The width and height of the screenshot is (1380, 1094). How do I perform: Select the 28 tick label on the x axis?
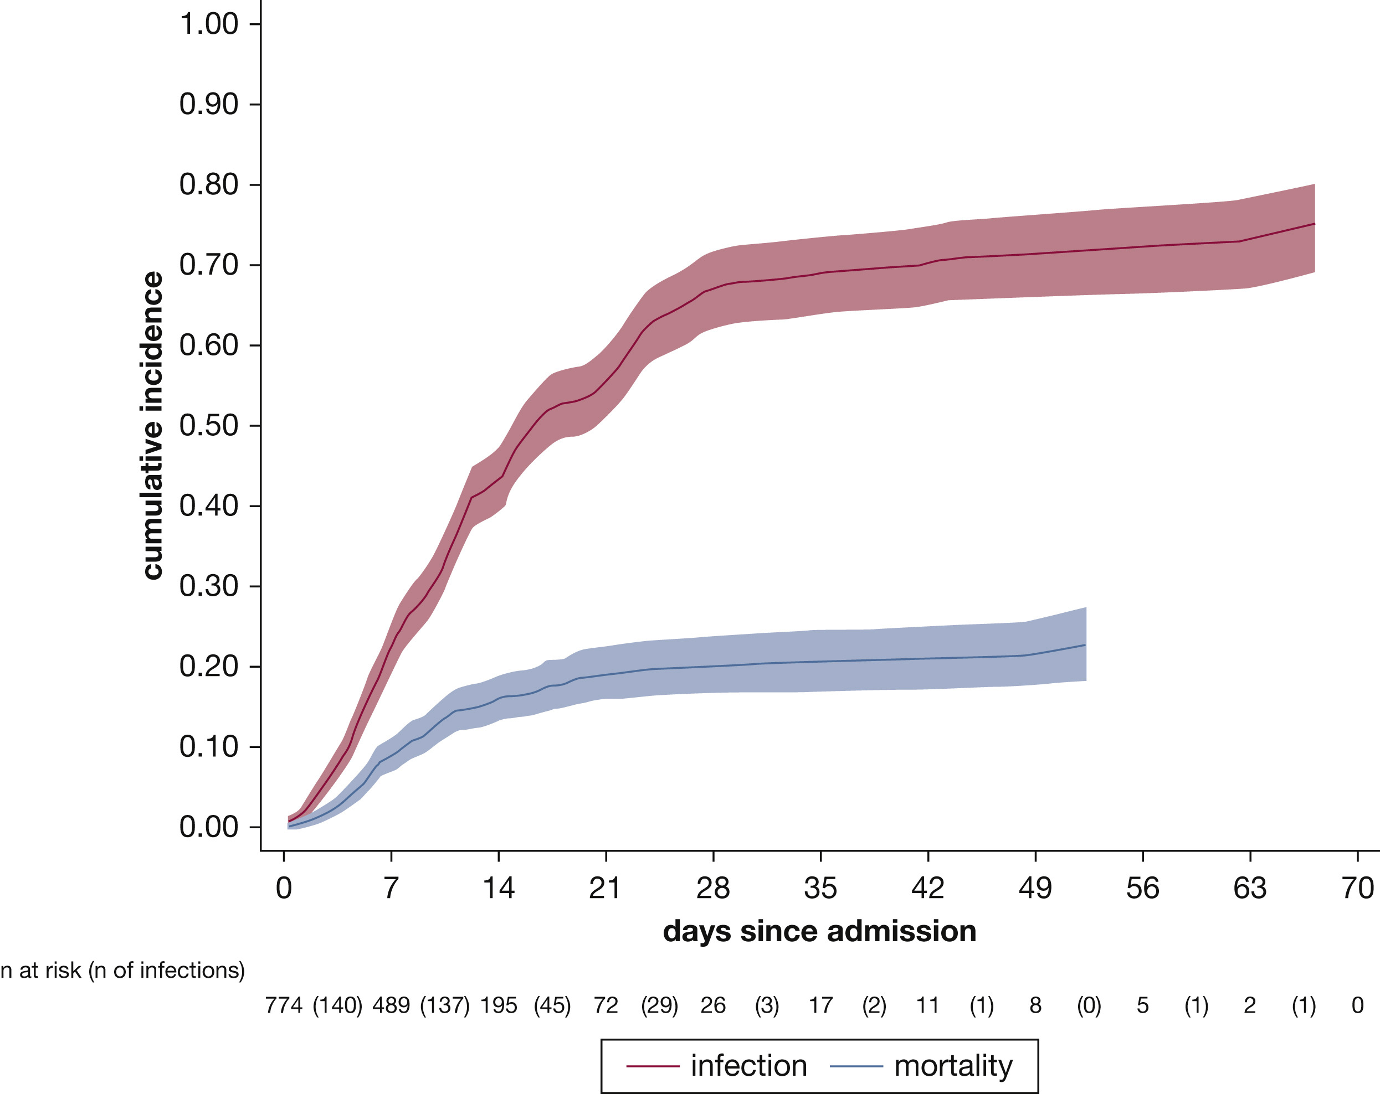click(x=713, y=888)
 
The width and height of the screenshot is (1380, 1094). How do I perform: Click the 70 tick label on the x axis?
click(x=1357, y=888)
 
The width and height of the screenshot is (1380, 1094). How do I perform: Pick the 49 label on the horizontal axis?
click(x=1035, y=888)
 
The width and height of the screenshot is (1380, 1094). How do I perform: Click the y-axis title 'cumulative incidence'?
click(x=152, y=425)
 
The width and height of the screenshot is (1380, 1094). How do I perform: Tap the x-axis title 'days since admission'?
click(x=819, y=931)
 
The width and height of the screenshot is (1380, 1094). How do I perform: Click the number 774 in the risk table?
click(x=284, y=1006)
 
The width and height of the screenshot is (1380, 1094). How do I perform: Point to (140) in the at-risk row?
click(x=337, y=1006)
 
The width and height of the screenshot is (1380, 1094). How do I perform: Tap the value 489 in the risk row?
click(x=391, y=1006)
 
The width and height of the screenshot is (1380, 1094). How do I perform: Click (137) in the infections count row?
click(x=445, y=1006)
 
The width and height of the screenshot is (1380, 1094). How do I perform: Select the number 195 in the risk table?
click(x=499, y=1006)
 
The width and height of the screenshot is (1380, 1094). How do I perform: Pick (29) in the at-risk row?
click(x=659, y=1006)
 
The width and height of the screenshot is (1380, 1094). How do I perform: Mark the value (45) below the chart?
click(x=552, y=1006)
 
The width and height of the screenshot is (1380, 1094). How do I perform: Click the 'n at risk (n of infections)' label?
click(x=122, y=971)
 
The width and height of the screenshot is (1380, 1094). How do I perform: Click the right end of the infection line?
click(x=1314, y=224)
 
